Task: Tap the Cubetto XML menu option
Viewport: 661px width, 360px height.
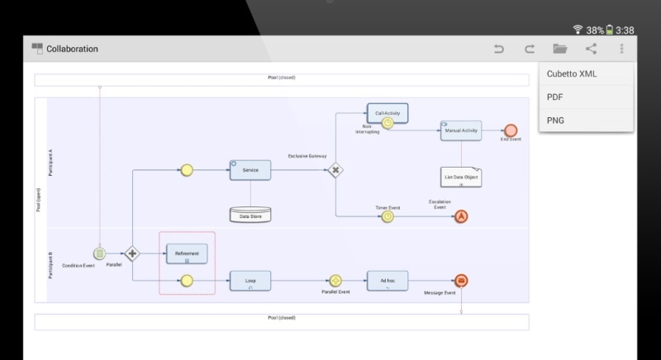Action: [x=572, y=73]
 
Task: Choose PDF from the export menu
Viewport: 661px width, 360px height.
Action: [x=554, y=97]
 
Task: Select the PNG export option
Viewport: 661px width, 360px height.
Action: [x=555, y=120]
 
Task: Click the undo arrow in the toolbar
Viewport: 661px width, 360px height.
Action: [x=498, y=49]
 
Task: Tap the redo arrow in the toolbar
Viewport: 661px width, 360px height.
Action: [x=529, y=49]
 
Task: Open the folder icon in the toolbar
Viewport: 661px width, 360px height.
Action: [x=559, y=49]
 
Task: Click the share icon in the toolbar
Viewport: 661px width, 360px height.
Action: [x=591, y=49]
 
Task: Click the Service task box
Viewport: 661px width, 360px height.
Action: [x=250, y=170]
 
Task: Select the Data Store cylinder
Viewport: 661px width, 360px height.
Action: [x=250, y=215]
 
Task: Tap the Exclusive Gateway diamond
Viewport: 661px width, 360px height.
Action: [x=335, y=170]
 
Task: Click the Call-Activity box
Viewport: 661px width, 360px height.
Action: [x=388, y=113]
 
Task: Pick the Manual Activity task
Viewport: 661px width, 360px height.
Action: [x=460, y=130]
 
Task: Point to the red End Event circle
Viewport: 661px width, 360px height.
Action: [x=511, y=130]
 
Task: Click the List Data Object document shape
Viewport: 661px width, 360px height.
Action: [x=460, y=176]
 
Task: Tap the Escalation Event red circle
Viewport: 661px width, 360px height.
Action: [x=461, y=216]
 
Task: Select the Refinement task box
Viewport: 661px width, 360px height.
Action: [x=187, y=253]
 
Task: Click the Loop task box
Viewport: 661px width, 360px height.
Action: [x=250, y=282]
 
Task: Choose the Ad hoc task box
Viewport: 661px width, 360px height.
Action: [x=388, y=282]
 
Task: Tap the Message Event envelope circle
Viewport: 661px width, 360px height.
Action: [x=461, y=282]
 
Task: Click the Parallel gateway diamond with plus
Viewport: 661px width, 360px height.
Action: [x=132, y=253]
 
